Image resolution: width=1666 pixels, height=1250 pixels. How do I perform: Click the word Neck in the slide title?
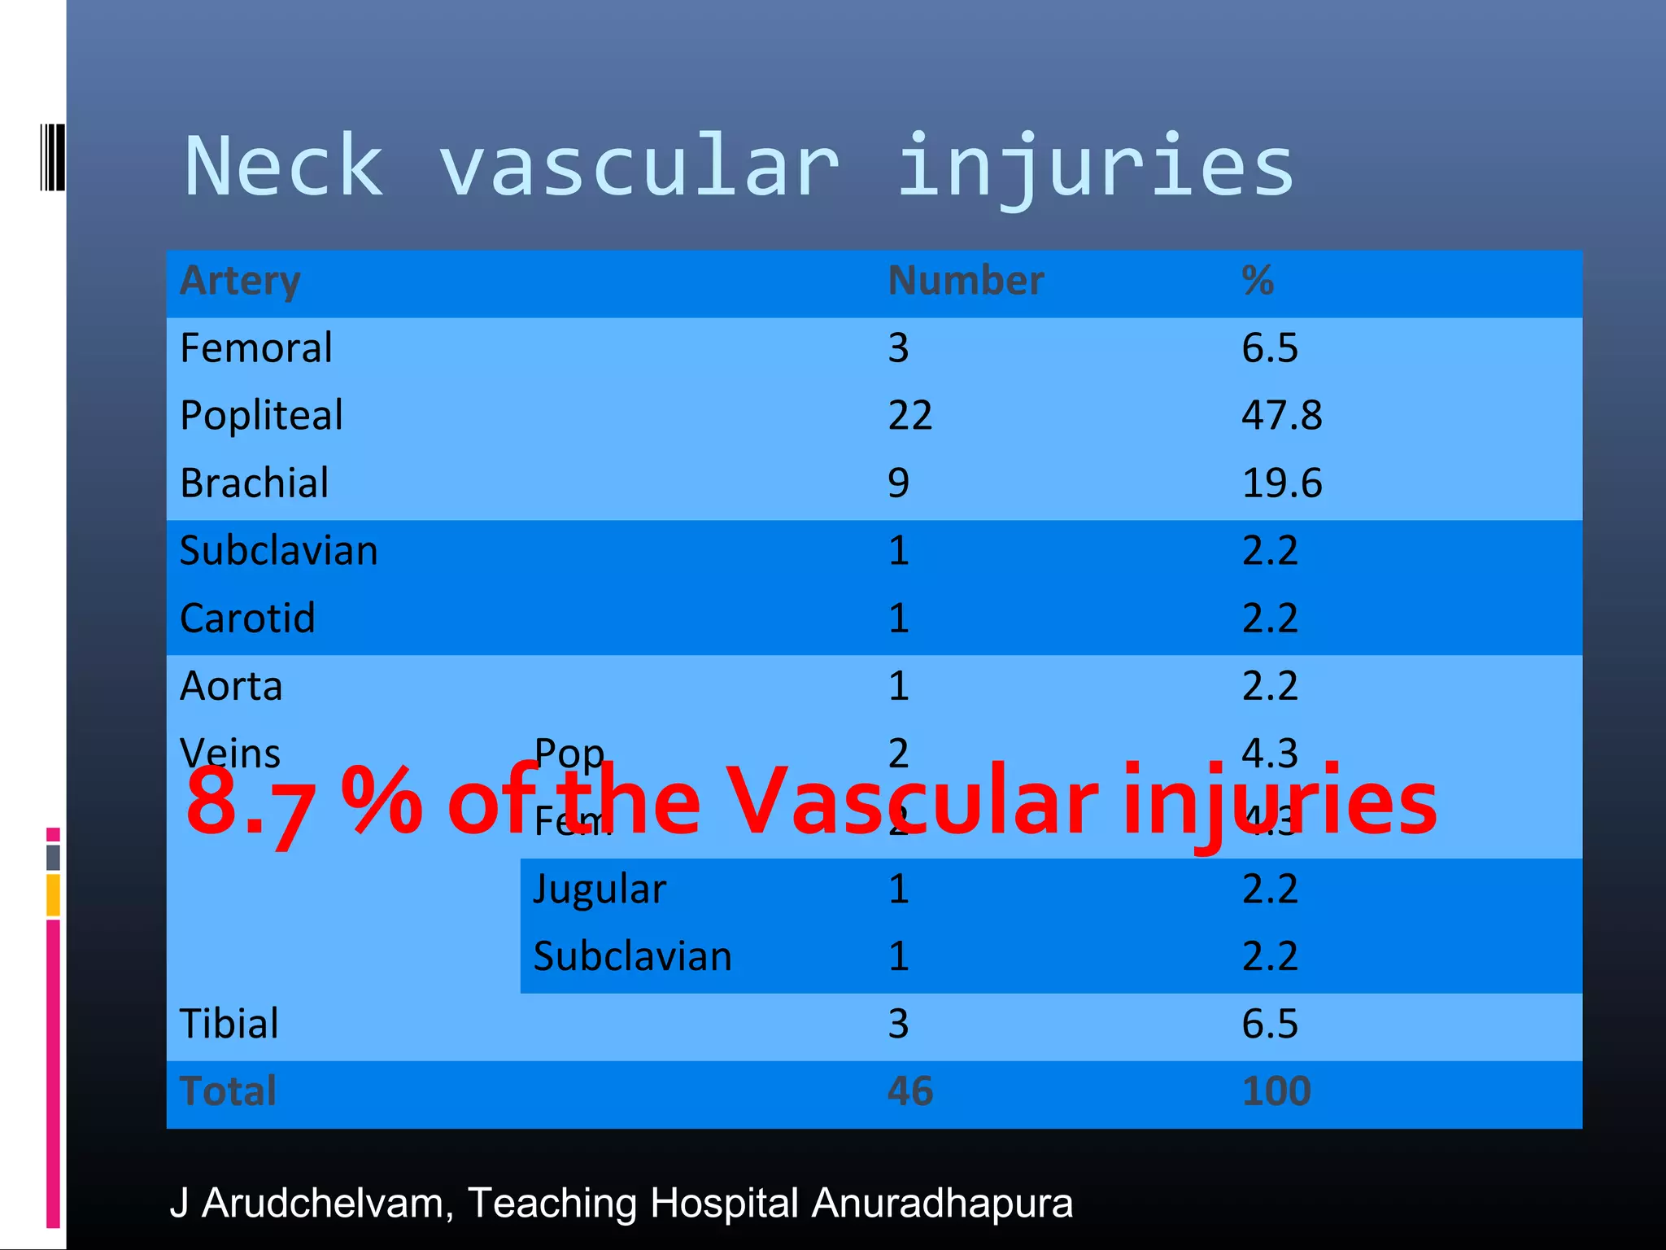click(284, 167)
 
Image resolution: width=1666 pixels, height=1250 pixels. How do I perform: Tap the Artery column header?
click(240, 281)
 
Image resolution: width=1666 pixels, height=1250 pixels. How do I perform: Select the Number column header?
click(966, 281)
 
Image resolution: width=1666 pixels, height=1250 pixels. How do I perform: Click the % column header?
click(1258, 281)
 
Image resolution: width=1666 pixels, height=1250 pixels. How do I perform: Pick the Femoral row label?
click(256, 348)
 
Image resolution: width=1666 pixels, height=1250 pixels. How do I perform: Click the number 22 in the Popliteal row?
click(909, 416)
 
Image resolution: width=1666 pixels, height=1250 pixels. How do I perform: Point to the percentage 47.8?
click(1281, 416)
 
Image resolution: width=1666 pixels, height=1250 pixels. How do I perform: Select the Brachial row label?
click(255, 483)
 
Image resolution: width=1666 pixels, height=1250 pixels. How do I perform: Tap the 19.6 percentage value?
click(1281, 483)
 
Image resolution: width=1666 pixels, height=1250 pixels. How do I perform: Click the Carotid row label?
click(247, 618)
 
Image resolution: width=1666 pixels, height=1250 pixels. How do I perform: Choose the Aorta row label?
click(231, 686)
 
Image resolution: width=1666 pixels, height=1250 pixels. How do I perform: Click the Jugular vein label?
click(600, 889)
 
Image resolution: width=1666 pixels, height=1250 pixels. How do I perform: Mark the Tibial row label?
click(229, 1024)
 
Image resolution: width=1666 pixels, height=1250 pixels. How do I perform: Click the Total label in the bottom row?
click(229, 1091)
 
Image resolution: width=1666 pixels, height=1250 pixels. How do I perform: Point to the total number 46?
click(910, 1091)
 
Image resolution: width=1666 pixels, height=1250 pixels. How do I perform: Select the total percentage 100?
click(1276, 1091)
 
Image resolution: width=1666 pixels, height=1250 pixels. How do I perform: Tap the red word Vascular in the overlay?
click(911, 802)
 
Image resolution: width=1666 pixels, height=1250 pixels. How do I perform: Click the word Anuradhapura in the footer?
click(942, 1203)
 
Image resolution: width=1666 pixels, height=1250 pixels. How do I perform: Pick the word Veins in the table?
click(230, 754)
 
